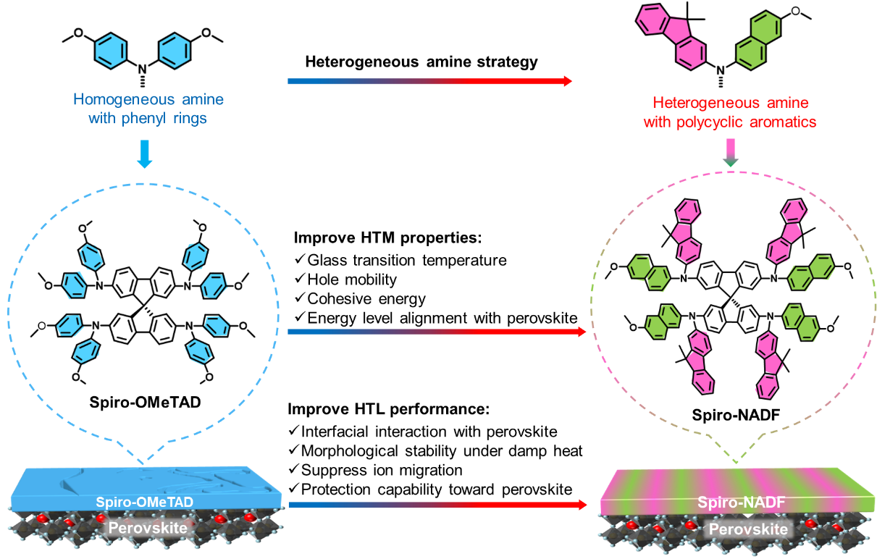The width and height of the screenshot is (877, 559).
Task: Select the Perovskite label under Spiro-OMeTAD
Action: click(x=148, y=529)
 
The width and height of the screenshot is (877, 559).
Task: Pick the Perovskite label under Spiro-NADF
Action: click(x=748, y=529)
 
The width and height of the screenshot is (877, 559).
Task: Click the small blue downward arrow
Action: click(x=145, y=154)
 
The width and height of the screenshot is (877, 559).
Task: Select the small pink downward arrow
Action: click(x=731, y=153)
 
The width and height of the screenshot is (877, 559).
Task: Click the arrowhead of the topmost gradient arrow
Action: click(x=568, y=81)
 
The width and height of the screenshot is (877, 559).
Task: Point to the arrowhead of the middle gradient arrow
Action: click(x=581, y=332)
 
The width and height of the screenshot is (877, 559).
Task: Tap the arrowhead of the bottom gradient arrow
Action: click(x=582, y=504)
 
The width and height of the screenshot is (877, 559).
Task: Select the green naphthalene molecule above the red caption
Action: click(x=758, y=42)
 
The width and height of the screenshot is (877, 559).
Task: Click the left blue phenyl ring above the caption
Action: click(x=111, y=51)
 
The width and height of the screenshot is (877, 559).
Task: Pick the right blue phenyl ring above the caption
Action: click(x=175, y=51)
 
